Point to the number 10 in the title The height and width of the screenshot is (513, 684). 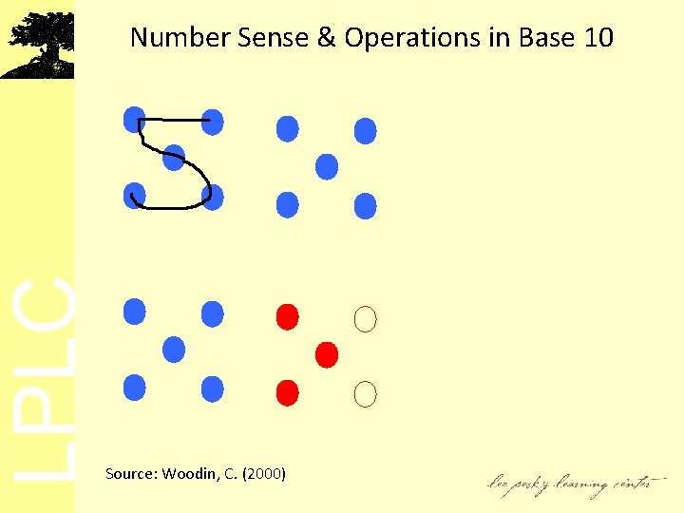(598, 38)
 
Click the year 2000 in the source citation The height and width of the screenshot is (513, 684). (265, 473)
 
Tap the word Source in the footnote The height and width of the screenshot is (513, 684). (130, 473)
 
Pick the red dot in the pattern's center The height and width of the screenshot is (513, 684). (326, 354)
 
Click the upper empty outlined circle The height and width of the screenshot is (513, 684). (365, 319)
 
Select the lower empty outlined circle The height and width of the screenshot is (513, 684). (365, 391)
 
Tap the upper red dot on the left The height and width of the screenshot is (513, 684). (287, 314)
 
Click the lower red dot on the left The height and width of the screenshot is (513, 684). (287, 390)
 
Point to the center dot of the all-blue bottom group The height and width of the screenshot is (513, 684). (173, 349)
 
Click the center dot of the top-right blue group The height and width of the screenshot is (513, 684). (326, 167)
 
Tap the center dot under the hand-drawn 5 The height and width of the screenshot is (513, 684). (173, 158)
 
